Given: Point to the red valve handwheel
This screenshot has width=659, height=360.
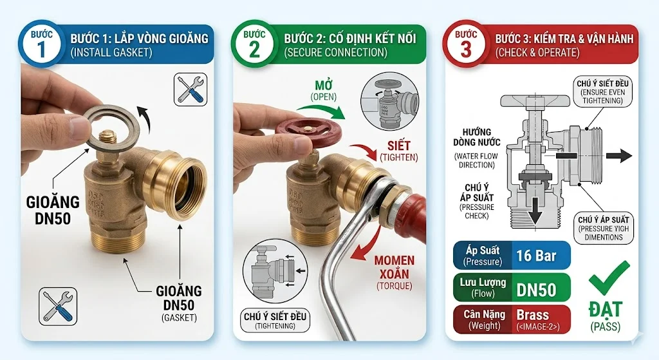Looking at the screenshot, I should click(307, 129).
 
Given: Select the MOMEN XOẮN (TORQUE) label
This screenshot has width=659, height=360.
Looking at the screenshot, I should click(394, 270).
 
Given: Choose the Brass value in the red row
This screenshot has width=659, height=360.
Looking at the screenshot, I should click(533, 315).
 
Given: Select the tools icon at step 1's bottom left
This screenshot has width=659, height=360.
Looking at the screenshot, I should click(57, 305).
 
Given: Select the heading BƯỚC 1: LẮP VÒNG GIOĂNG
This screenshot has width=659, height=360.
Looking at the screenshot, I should click(139, 39).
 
